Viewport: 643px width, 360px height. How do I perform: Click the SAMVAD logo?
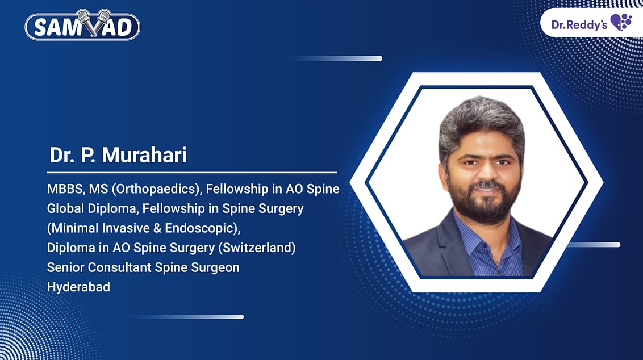(x=82, y=25)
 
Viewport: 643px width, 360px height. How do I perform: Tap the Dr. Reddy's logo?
(x=591, y=23)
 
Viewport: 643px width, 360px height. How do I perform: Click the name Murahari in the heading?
(x=144, y=155)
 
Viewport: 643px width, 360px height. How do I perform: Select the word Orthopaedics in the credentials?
(x=156, y=189)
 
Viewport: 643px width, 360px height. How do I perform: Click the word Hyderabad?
(x=78, y=287)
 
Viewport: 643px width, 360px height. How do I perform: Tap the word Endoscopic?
(x=199, y=228)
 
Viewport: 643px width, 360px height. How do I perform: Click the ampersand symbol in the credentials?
(x=157, y=228)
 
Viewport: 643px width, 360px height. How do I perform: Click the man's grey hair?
(x=481, y=119)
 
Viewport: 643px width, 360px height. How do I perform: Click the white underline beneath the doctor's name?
(x=192, y=173)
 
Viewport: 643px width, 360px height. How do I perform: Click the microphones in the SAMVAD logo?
(x=94, y=23)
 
